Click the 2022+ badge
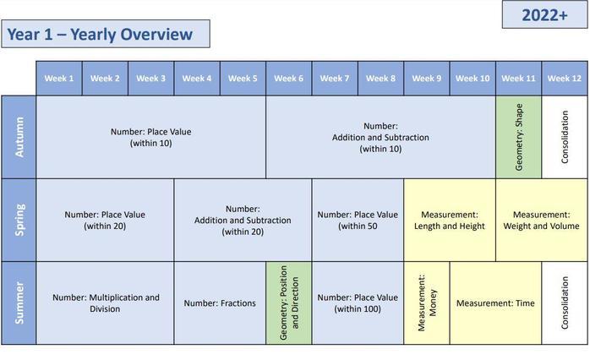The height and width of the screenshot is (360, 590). click(544, 14)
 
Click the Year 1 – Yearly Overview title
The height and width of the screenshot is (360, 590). click(106, 34)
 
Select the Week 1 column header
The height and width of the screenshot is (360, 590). click(59, 79)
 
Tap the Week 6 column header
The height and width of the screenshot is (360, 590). click(288, 79)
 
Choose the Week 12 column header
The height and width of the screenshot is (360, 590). click(565, 79)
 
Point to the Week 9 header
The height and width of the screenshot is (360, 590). click(427, 79)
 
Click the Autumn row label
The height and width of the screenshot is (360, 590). click(19, 137)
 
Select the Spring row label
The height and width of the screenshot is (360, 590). click(19, 220)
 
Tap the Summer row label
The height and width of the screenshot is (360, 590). click(19, 303)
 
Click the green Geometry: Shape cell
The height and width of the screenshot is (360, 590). click(519, 137)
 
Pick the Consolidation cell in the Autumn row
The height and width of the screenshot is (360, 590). click(565, 137)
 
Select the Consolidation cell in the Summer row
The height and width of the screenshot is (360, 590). click(565, 303)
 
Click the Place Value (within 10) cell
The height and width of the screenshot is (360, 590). click(151, 137)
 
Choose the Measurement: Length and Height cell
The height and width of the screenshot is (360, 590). click(450, 220)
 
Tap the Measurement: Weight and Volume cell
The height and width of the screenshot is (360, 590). click(542, 220)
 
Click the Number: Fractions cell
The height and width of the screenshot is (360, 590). click(220, 303)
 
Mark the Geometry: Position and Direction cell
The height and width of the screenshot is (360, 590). click(289, 303)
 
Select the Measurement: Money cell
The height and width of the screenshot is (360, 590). click(427, 303)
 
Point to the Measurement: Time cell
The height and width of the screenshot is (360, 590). click(495, 303)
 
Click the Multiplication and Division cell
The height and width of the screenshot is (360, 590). click(106, 303)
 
